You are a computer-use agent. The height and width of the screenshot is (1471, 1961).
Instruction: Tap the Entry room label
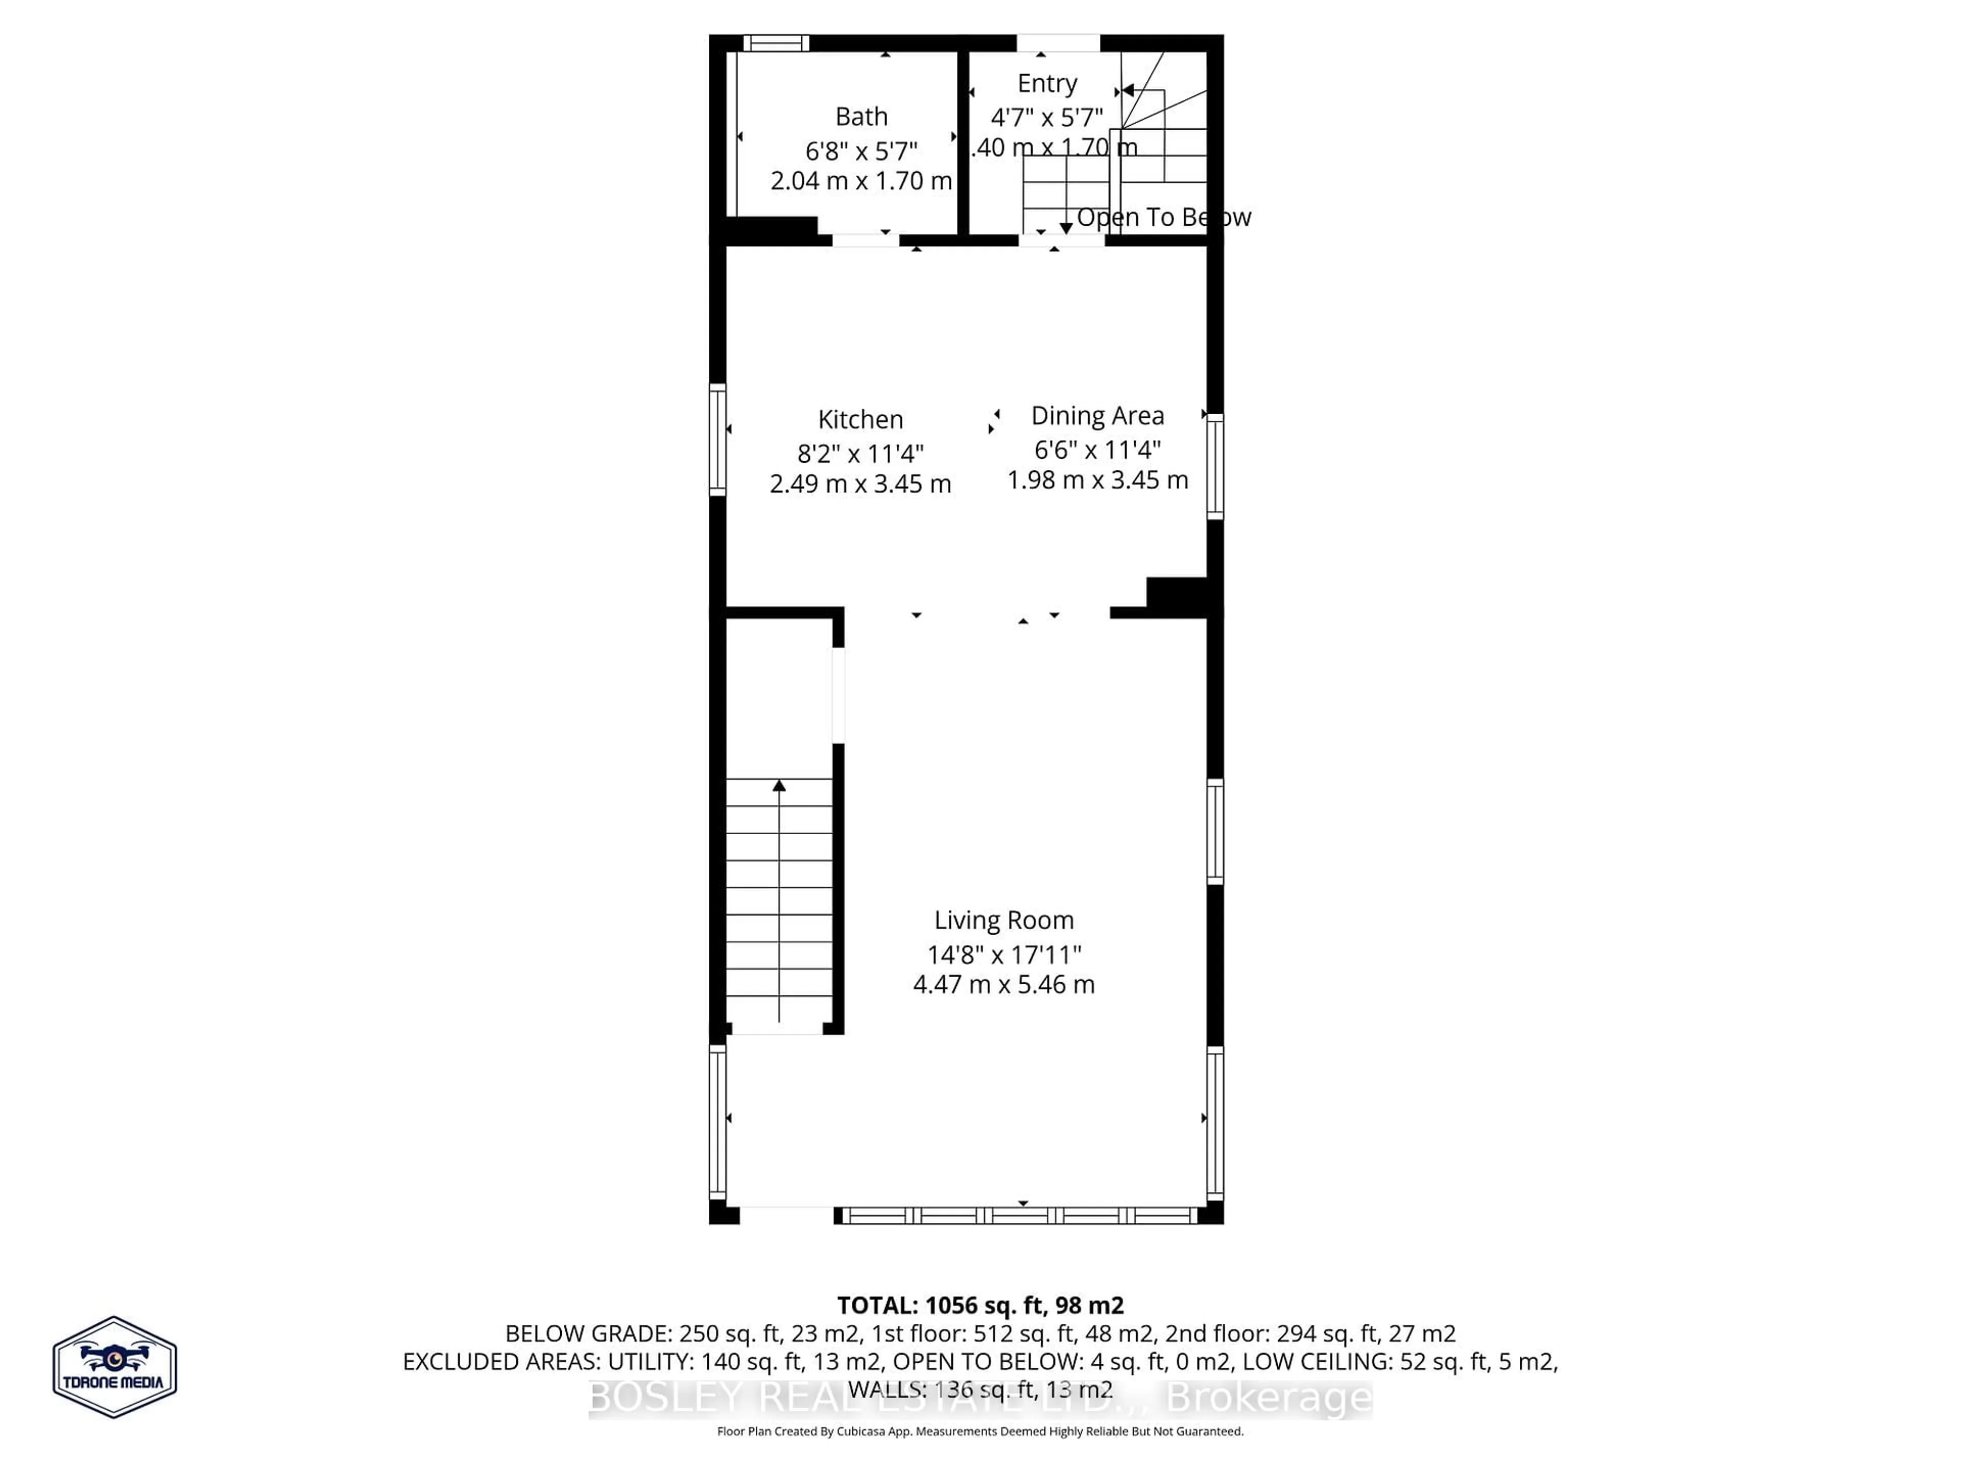click(x=1047, y=83)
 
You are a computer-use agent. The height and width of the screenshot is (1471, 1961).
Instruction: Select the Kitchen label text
click(x=860, y=419)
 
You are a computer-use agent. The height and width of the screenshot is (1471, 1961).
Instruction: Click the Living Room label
click(x=1003, y=920)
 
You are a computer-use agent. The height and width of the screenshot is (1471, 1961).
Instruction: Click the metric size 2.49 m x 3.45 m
click(x=860, y=484)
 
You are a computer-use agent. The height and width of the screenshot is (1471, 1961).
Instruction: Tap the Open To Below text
click(x=1163, y=217)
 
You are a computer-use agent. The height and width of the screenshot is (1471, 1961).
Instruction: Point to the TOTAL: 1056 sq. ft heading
click(x=979, y=1305)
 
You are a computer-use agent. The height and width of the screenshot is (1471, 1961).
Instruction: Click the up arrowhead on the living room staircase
click(x=779, y=786)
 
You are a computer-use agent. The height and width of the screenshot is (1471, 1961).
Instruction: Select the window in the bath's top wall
click(x=776, y=42)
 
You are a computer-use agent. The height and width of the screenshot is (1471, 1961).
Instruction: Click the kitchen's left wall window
click(x=717, y=439)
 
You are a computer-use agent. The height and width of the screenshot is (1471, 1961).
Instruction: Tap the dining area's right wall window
click(x=1215, y=466)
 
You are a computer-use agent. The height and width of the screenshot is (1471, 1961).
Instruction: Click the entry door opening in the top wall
click(x=1058, y=42)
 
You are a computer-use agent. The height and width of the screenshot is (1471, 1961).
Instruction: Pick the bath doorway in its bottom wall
click(x=865, y=240)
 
